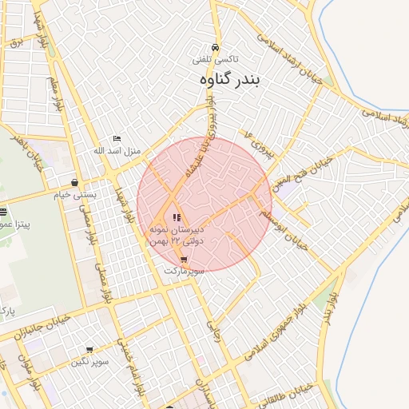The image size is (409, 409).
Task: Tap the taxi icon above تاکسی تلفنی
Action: coord(215,47)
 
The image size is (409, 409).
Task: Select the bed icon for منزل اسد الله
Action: coord(117,139)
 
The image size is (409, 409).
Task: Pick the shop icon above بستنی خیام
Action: coord(74,182)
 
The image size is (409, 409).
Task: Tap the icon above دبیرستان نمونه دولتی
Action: coord(177,217)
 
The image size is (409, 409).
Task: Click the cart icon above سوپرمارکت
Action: coord(185,260)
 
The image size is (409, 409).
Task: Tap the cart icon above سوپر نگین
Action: coord(89,349)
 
